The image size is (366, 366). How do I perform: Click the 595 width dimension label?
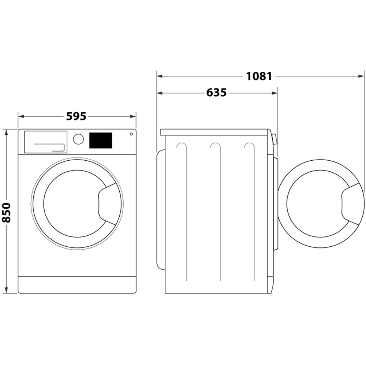(76, 116)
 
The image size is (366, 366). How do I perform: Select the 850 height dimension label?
(7, 212)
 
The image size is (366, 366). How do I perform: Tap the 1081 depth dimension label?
(259, 76)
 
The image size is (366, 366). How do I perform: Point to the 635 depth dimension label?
(216, 93)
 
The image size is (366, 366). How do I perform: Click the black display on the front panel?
(101, 141)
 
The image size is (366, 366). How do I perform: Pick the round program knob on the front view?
(78, 139)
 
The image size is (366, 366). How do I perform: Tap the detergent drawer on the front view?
(45, 142)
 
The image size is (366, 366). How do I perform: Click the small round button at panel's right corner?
(131, 134)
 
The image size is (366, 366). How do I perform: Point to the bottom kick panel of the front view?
(77, 284)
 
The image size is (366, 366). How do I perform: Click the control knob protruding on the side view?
(274, 139)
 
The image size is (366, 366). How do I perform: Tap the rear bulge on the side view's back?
(160, 209)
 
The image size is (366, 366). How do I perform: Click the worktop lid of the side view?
(215, 132)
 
